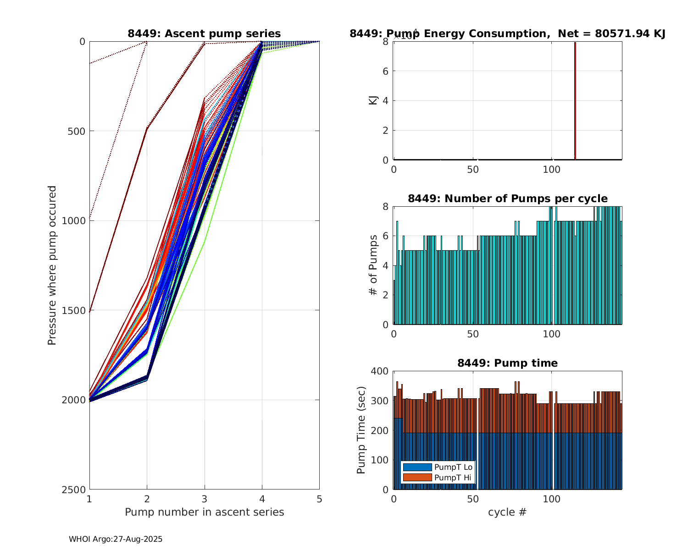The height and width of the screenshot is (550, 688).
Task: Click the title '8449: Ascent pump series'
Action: tap(204, 33)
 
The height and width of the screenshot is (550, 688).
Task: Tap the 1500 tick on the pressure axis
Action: tap(76, 310)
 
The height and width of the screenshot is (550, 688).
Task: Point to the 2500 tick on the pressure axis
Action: tap(76, 489)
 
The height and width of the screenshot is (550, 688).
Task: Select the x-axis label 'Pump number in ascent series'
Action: tap(204, 512)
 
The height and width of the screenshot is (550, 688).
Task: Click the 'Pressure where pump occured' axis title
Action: tap(52, 265)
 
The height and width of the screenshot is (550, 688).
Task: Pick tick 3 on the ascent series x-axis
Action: tap(205, 499)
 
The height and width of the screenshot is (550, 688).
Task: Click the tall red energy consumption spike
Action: tap(575, 101)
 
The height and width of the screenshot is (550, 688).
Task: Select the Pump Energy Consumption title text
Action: tap(507, 33)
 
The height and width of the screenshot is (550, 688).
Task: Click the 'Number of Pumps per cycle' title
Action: tap(507, 198)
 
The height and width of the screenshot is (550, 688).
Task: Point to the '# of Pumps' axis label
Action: tap(373, 265)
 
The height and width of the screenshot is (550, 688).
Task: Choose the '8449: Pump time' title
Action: tap(507, 363)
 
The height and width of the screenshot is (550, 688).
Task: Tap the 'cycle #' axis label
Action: tap(507, 512)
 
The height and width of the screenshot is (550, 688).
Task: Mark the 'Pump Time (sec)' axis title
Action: tap(361, 431)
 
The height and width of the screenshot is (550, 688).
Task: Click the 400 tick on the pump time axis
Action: tap(381, 371)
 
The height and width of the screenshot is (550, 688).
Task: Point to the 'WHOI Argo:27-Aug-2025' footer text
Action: tap(116, 539)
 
